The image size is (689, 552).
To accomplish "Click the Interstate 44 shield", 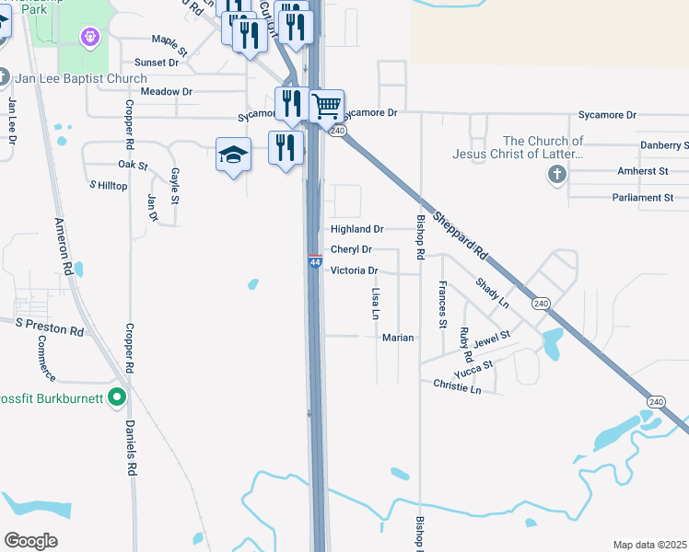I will [x=314, y=262].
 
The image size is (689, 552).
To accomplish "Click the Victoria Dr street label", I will [x=354, y=270].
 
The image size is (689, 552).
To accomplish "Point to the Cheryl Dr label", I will [x=351, y=249].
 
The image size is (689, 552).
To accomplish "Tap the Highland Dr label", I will [x=356, y=228].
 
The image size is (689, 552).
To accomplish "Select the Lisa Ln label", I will [x=375, y=305].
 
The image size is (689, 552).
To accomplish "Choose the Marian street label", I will [x=398, y=338].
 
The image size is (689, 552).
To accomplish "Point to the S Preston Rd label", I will [x=51, y=327].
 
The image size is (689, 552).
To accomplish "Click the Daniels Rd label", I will [x=131, y=447].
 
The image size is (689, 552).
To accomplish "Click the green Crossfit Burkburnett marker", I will [x=116, y=397].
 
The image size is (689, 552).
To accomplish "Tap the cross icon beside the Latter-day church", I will [x=556, y=175].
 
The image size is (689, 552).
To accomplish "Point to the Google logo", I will [x=30, y=541].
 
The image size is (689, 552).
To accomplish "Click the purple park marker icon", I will [x=89, y=38].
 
